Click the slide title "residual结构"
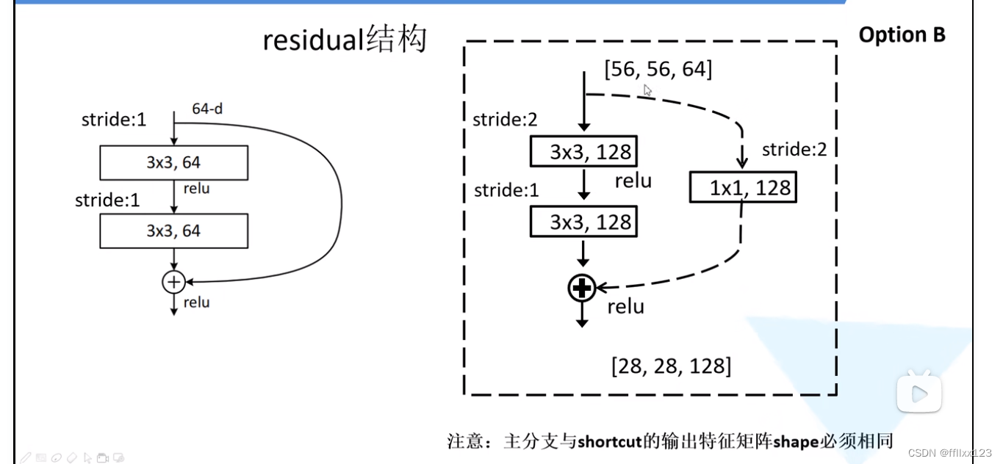pos(345,40)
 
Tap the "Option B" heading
pos(902,35)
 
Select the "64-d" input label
pos(207,109)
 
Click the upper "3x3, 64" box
pos(173,162)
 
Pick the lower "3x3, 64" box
pos(173,231)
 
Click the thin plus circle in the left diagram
pos(173,280)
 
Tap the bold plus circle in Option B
pos(582,289)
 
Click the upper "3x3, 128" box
pos(583,152)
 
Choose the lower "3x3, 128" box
pos(583,222)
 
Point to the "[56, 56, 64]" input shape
pos(658,70)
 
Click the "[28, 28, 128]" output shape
pos(671,365)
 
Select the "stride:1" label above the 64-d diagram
pos(114,119)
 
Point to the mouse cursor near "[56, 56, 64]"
pos(647,90)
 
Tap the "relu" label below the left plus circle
pos(196,302)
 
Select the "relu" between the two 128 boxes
pos(633,181)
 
